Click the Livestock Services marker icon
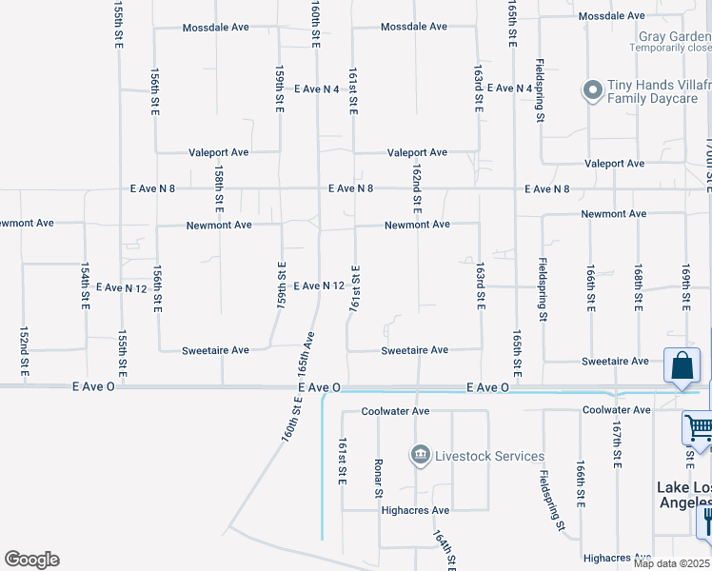[420, 456]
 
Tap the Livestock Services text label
[489, 457]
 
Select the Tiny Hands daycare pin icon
[592, 90]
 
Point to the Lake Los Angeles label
[683, 494]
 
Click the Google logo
[31, 560]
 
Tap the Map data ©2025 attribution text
[672, 563]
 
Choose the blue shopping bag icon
[682, 364]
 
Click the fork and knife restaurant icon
[706, 521]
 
